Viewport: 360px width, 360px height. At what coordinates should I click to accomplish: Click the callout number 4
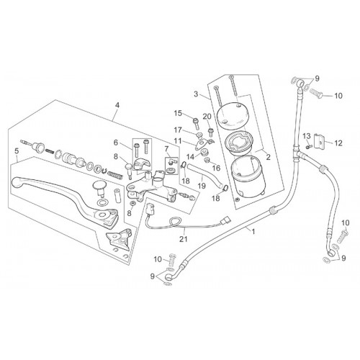pos(117,105)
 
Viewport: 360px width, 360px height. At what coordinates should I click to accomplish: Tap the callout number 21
pos(184,239)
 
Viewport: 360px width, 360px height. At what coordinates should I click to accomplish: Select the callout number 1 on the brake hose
pos(253,232)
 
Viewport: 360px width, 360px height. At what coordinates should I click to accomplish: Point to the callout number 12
pos(338,143)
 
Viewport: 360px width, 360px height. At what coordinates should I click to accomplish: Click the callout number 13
pos(307,136)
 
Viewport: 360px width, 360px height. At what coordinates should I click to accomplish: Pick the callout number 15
pos(178,113)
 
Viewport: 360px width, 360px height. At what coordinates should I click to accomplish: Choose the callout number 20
pos(207,117)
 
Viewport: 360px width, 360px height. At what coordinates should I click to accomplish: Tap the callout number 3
pos(196,94)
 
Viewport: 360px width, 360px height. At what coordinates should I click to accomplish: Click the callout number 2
pos(269,157)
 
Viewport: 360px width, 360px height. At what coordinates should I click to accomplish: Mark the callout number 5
pos(17,151)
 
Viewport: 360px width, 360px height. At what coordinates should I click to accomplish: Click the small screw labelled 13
pos(308,145)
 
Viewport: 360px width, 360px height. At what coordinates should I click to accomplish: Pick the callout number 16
pos(216,168)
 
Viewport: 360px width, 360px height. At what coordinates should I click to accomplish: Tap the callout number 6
pos(116,143)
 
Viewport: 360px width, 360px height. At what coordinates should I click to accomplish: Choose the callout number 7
pos(166,149)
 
